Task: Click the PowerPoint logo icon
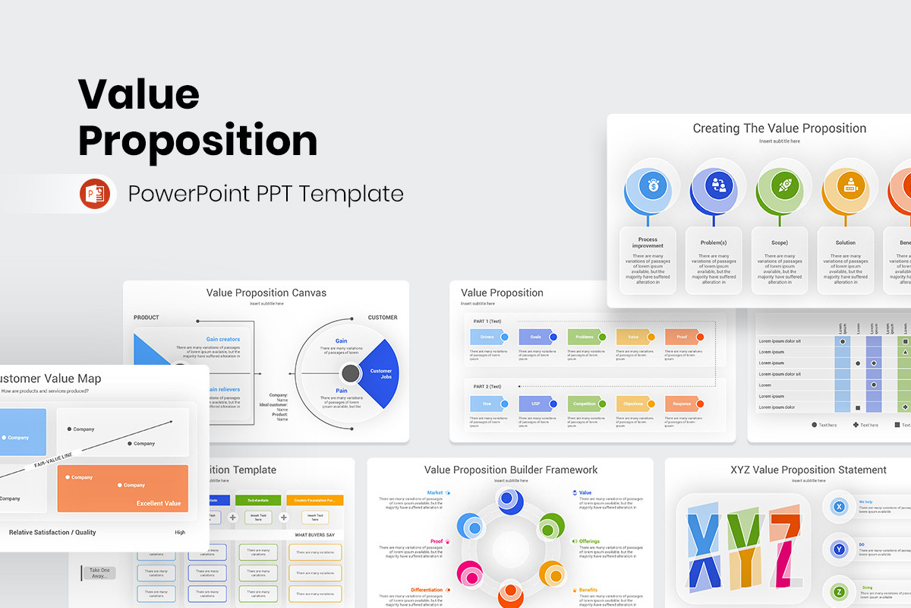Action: point(95,194)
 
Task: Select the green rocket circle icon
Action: point(784,185)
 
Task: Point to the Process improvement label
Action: point(648,242)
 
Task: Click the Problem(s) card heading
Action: point(714,242)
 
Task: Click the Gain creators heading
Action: point(222,340)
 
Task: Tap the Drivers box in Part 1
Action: point(487,337)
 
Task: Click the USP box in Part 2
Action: point(535,404)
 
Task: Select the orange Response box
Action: point(682,404)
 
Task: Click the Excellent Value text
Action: point(158,503)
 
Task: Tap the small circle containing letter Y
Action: point(838,548)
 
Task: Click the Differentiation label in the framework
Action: point(427,590)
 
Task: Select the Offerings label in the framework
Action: point(589,541)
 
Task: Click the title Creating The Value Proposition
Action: point(779,128)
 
